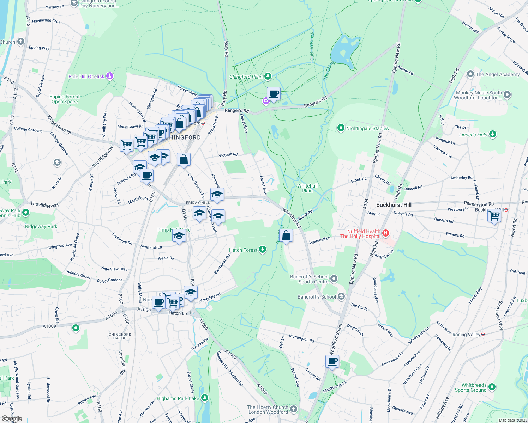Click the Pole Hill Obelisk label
click(86, 76)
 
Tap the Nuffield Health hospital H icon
click(386, 233)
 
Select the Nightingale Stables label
click(367, 128)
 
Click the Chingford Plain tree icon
click(268, 76)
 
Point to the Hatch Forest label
click(243, 250)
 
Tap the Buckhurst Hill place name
click(394, 205)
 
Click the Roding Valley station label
click(466, 335)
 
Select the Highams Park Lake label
click(178, 398)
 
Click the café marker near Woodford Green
click(332, 361)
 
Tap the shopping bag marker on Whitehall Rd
click(286, 235)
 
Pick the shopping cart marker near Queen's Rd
click(494, 215)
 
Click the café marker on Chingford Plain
click(274, 94)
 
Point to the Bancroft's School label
click(317, 297)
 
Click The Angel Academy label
click(497, 74)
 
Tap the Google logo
click(12, 419)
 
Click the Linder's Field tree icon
click(493, 134)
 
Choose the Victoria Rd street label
click(228, 155)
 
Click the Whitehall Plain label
click(307, 188)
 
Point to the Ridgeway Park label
click(41, 226)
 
